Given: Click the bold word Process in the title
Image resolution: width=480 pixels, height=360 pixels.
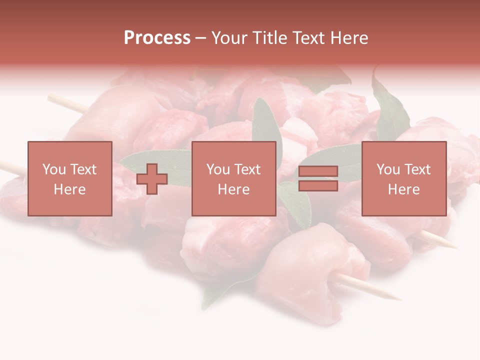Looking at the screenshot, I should point(157,38).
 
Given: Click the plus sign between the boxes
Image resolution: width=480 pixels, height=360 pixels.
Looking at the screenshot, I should point(152,178).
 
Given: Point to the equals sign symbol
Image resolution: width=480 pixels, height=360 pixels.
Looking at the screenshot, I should point(318,178).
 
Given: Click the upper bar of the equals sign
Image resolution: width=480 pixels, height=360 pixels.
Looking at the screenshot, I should point(318,171).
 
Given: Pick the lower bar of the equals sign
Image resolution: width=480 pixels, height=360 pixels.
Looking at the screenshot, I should point(318,186).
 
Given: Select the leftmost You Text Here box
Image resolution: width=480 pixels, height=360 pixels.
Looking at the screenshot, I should point(69,178).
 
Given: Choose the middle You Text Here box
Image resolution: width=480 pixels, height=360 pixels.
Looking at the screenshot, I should point(233,178).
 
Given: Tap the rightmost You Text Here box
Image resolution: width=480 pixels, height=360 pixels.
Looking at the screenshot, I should point(403,178).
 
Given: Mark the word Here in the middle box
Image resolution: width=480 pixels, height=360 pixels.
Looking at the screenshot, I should point(233,189).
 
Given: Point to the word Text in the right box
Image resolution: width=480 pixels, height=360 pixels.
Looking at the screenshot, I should point(416,169).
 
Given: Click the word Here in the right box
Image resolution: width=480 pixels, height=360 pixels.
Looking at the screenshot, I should point(403,189).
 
